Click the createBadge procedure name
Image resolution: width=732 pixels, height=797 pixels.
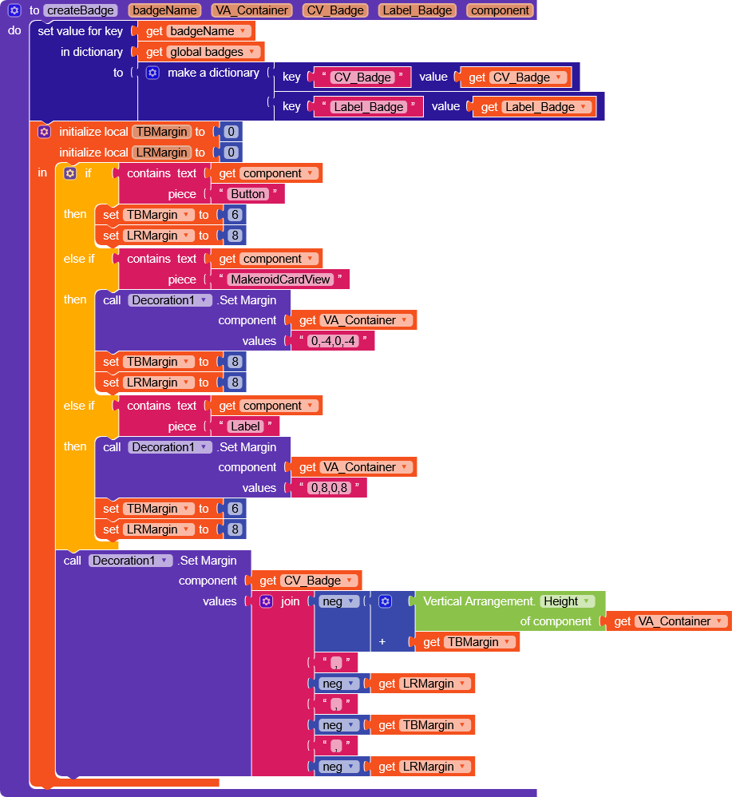pos(81,10)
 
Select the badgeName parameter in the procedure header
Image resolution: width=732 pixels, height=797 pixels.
pos(164,10)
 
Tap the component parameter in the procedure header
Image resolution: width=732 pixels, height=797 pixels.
pos(500,10)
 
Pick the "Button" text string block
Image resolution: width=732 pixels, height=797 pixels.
pos(248,194)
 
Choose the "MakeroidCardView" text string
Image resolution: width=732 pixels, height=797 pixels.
pos(280,280)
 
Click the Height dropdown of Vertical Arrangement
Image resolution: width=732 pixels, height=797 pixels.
pos(567,601)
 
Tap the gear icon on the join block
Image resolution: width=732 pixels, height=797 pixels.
pos(267,601)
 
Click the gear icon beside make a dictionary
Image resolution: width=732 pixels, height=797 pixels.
pos(152,73)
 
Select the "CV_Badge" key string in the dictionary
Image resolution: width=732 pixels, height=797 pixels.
pos(362,77)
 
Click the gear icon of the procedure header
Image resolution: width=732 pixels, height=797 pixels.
pos(14,10)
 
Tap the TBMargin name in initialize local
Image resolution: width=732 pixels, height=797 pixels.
pos(161,132)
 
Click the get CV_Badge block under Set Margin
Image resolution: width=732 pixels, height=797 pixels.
pos(307,581)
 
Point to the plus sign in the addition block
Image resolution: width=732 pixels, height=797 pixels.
pos(383,641)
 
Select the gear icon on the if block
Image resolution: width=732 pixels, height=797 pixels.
pos(70,173)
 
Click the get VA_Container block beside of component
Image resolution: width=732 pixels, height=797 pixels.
pos(669,621)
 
